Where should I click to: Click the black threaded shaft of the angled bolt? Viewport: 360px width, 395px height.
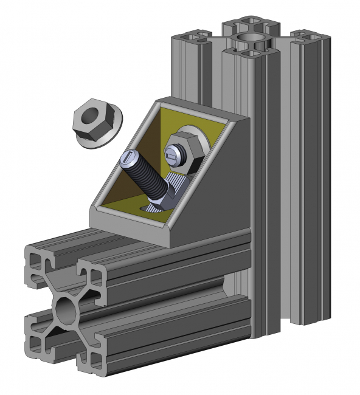(x=146, y=177)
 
